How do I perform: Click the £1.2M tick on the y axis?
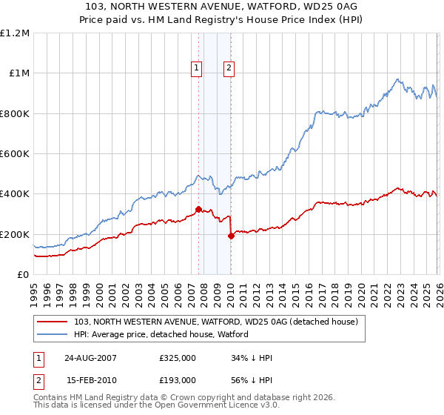point(15,33)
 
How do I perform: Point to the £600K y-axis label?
point(15,154)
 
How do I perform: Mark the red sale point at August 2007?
point(198,209)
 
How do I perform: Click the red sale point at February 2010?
point(231,236)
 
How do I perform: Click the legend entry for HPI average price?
point(161,334)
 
